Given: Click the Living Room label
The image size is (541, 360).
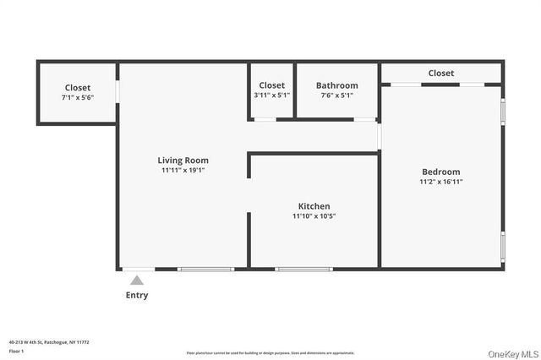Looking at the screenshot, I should (x=183, y=160).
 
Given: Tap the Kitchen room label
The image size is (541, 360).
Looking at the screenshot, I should (x=314, y=206).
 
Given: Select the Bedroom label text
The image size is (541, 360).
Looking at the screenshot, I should (x=440, y=172).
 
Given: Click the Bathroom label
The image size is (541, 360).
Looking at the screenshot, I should (x=336, y=85).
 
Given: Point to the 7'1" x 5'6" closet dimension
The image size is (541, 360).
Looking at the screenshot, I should (x=77, y=98).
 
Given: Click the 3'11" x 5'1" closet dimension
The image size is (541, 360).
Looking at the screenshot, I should (x=271, y=95).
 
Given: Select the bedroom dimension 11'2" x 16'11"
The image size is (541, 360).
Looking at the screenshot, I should (x=440, y=182).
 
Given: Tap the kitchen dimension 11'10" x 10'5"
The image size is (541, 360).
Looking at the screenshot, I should (x=314, y=216).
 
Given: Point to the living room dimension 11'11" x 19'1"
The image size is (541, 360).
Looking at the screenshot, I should (x=183, y=170).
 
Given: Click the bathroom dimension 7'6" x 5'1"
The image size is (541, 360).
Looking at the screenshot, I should (x=336, y=95).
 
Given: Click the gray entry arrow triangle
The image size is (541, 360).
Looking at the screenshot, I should (x=137, y=281).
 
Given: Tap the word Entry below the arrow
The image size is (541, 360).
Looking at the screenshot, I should (x=137, y=295).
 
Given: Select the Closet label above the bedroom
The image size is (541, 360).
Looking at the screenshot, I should (x=440, y=74).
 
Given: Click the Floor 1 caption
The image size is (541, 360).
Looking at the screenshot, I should (x=16, y=350).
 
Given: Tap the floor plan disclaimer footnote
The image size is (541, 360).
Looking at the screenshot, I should (x=270, y=353).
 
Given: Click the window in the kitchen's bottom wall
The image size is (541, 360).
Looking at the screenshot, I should (x=303, y=270).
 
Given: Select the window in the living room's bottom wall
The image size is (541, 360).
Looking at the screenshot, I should (x=205, y=270).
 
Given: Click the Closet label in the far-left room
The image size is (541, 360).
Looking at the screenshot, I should (x=77, y=88).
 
